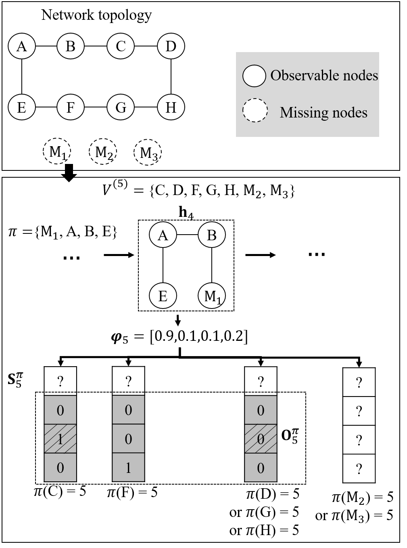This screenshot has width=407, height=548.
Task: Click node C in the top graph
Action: pos(121,46)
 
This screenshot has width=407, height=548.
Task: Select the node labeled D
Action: pos(171,46)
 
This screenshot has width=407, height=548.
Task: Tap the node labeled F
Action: pos(70,107)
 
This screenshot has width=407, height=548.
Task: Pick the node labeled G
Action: pos(121,107)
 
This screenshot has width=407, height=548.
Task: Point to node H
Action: pos(171,107)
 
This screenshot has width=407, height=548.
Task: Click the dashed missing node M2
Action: pos(103,152)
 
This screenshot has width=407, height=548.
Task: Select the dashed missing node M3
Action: pos(148,153)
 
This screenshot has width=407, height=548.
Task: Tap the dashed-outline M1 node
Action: pos(57,151)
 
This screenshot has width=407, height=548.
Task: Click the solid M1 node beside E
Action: pos(211,296)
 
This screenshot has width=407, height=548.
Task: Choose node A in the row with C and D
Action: pos(22,46)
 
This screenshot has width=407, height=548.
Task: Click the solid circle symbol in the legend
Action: pos(254,76)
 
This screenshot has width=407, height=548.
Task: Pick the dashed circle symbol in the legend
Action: pos(255,110)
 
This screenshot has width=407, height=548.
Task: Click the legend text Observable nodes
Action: pos(324,76)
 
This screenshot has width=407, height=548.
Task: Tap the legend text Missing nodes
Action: pos(324,112)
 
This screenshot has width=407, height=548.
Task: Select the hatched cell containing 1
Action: pos(60,439)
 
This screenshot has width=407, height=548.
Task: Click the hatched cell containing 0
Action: pos(261,439)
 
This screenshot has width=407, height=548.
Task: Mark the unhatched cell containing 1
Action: pos(128,468)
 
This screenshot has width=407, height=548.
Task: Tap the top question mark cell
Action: pos(359,411)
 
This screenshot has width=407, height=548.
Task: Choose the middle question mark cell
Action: pos(359,440)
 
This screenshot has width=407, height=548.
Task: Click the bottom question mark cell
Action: pos(359,468)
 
